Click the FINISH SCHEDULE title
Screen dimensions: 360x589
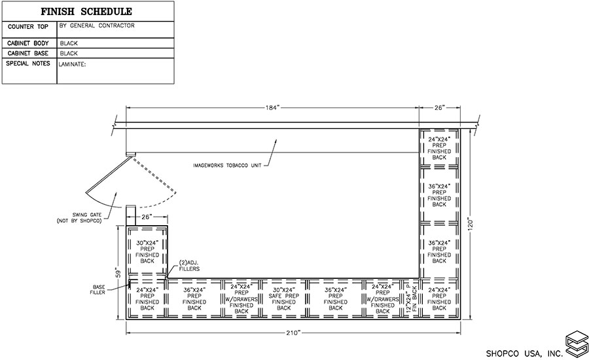86,12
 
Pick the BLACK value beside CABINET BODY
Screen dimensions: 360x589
69,43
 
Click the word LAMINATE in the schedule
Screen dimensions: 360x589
73,65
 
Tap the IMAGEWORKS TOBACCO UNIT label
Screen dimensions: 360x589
227,166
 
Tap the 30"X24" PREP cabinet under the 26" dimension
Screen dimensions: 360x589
147,251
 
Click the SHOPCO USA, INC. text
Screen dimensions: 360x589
524,353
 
